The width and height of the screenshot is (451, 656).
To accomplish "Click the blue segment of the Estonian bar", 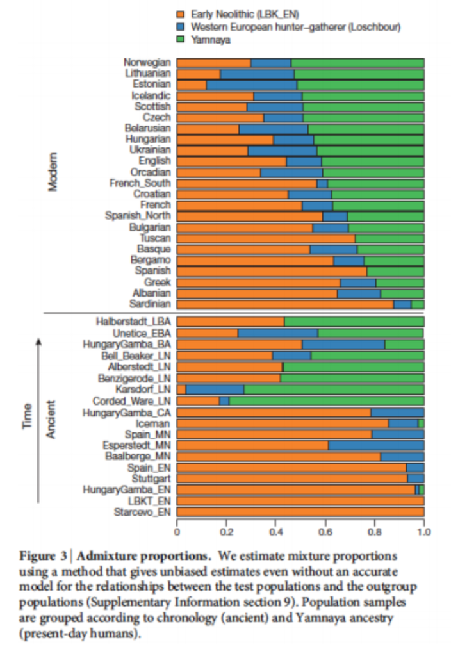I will (252, 85).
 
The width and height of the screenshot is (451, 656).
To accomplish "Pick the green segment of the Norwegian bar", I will (357, 63).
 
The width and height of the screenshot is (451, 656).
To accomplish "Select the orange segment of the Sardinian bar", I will (285, 305).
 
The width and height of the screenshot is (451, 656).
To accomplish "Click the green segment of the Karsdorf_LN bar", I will (334, 389).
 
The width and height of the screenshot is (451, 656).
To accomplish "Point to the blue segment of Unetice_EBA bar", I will (278, 333).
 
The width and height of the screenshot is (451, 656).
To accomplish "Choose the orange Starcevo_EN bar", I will (300, 512).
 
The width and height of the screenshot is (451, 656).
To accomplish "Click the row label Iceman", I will (153, 423).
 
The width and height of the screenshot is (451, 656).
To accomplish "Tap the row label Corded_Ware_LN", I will (138, 401).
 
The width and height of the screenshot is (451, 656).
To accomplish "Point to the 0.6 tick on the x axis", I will (325, 532).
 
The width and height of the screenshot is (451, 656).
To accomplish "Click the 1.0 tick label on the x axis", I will (424, 532).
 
